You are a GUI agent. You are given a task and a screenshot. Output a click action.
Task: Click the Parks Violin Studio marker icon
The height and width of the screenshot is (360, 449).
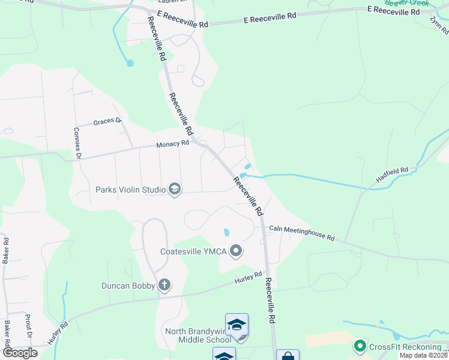coord(175,190)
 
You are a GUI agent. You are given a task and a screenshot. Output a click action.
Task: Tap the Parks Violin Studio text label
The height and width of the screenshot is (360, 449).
coord(130,190)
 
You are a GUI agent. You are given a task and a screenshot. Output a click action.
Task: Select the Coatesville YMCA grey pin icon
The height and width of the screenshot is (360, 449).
coord(237,251)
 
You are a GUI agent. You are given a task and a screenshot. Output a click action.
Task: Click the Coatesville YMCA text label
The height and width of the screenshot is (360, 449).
coord(193,251)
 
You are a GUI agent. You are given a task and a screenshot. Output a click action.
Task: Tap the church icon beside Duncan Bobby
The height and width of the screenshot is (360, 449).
coord(164,286)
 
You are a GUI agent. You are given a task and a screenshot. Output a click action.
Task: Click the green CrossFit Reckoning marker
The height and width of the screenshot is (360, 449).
coord(360,346)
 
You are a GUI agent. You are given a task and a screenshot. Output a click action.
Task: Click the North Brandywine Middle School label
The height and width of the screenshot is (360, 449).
coord(196,335)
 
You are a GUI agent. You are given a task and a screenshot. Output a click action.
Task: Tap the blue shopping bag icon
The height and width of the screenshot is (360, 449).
coord(288,356)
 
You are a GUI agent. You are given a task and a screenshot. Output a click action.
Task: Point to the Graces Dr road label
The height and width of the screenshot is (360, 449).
coord(107,122)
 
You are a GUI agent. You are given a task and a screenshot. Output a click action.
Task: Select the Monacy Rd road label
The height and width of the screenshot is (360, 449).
coord(172,144)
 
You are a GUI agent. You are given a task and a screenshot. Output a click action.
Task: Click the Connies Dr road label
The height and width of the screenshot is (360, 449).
coord(77,144)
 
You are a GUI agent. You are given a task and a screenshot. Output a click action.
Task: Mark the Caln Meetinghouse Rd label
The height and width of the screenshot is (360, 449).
coord(301,233)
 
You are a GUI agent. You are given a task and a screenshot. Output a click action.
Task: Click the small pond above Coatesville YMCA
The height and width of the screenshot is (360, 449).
coord(226,232)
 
